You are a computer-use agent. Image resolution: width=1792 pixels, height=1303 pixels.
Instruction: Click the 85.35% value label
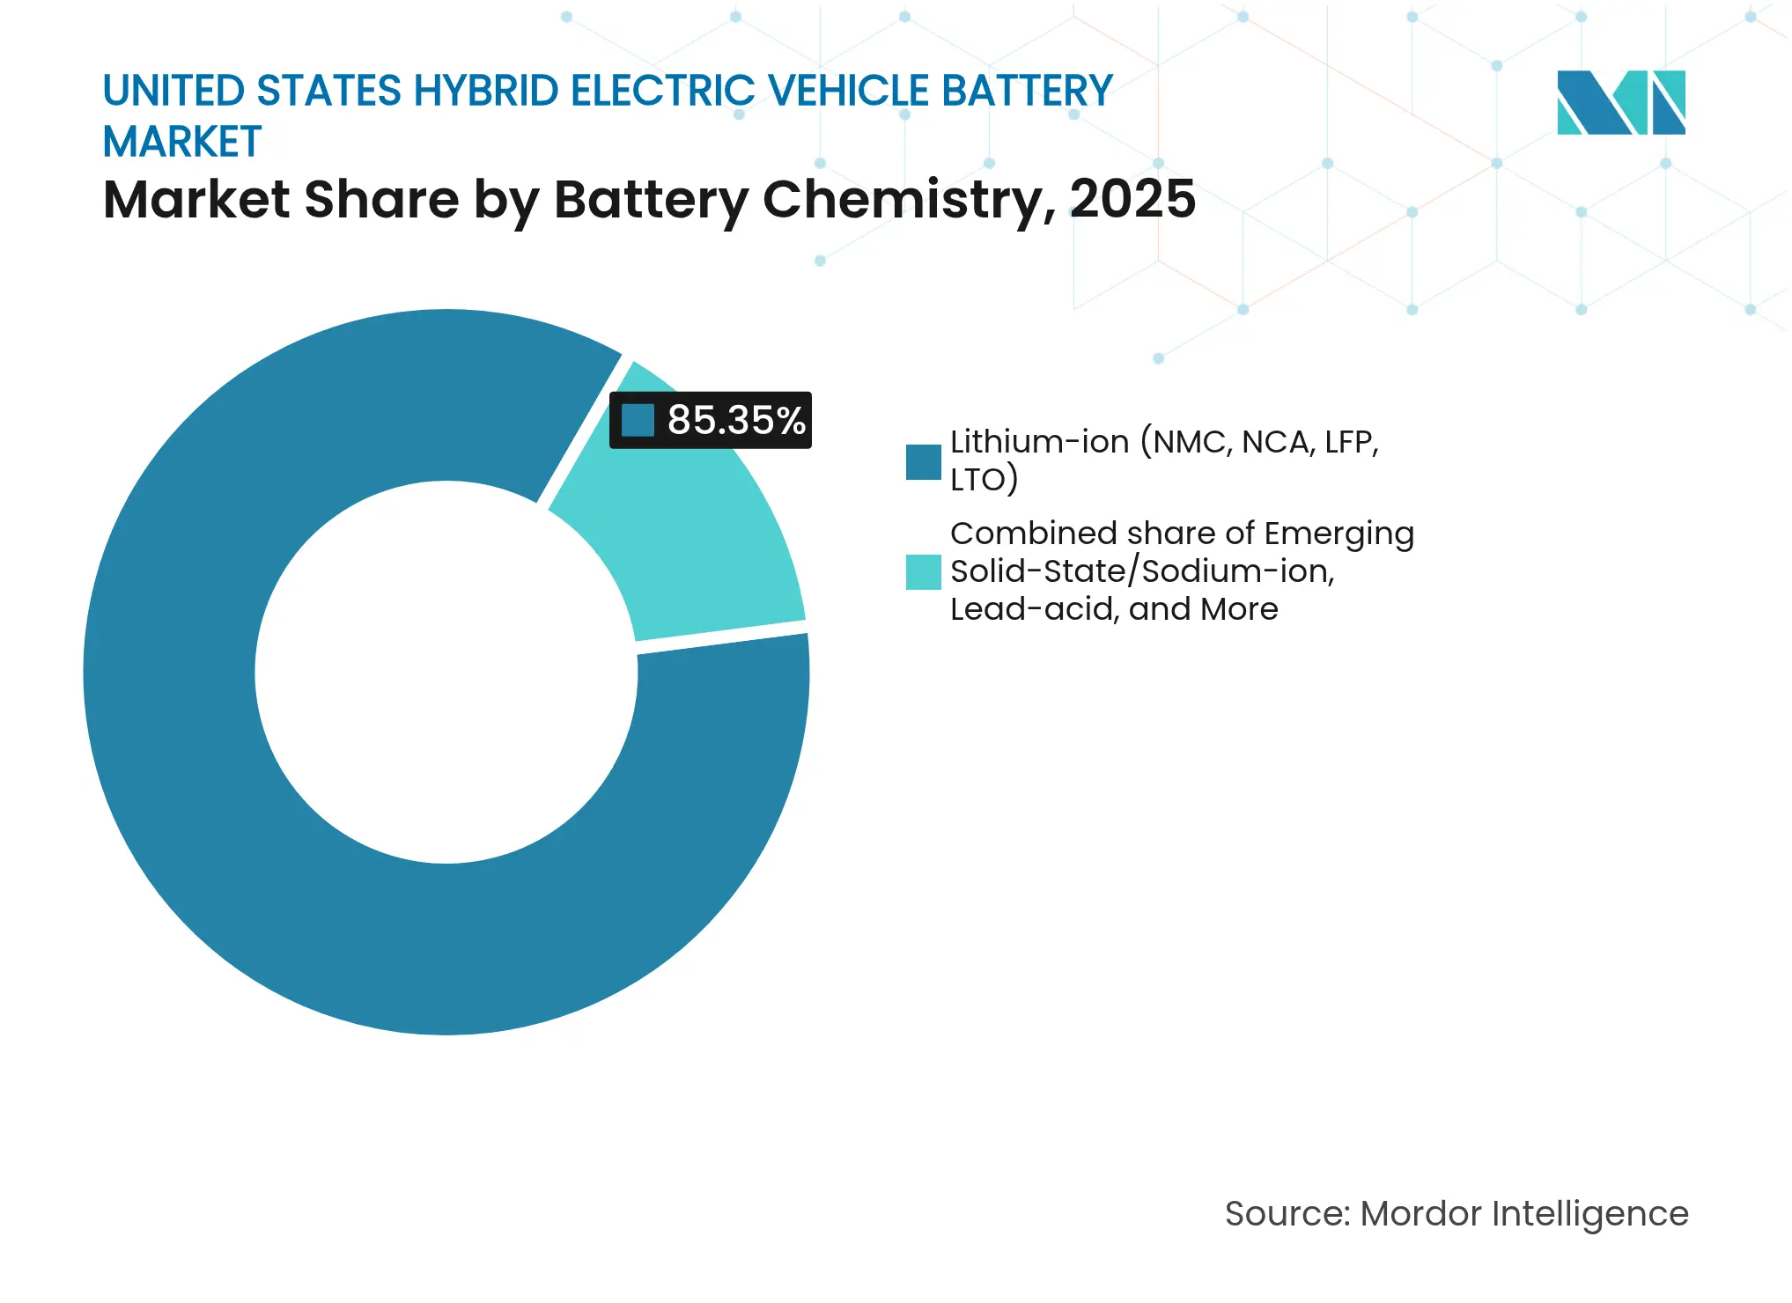tap(736, 420)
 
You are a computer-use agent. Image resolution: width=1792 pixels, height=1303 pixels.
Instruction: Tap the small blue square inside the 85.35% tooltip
tap(638, 420)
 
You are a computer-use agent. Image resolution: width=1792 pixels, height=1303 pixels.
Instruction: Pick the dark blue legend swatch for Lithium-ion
tap(923, 462)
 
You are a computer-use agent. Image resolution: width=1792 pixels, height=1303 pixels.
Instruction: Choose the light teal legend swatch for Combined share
tap(923, 572)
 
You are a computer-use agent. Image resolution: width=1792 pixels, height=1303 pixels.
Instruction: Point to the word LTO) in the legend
tap(984, 480)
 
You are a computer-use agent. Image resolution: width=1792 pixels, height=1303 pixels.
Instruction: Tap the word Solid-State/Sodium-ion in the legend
tap(1142, 571)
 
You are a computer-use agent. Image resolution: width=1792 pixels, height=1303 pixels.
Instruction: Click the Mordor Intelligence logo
tap(1620, 103)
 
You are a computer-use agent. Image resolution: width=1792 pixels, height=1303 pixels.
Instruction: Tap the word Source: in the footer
tap(1287, 1214)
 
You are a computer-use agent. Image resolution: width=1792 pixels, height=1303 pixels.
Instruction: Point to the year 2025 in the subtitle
tap(1132, 199)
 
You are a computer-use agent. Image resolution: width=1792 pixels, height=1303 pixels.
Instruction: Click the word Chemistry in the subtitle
tap(907, 201)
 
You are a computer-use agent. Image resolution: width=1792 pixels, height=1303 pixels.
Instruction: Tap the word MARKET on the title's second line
tap(182, 142)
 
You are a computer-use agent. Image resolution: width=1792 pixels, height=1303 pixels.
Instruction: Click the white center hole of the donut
tap(446, 673)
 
